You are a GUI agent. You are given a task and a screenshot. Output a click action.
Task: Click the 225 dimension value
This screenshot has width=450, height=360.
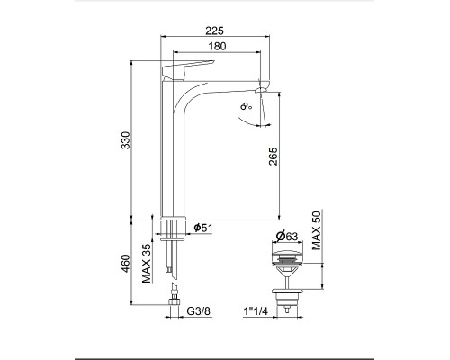214,31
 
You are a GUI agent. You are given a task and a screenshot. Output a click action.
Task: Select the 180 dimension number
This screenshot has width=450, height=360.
217,46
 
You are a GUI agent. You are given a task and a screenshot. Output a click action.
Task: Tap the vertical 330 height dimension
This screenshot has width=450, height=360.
126,140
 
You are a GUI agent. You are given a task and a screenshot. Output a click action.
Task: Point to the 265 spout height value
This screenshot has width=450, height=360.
274,156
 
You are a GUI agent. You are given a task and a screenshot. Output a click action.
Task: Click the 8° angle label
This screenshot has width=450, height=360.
246,105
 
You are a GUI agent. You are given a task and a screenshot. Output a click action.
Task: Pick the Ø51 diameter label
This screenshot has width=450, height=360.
203,228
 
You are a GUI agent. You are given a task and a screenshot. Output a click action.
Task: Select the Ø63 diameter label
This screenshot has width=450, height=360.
287,237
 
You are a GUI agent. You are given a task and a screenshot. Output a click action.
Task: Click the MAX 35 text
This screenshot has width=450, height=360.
147,263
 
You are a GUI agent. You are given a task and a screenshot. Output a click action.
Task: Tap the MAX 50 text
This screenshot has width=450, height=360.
316,230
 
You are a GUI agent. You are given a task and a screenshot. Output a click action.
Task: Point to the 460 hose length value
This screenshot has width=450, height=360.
126,264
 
